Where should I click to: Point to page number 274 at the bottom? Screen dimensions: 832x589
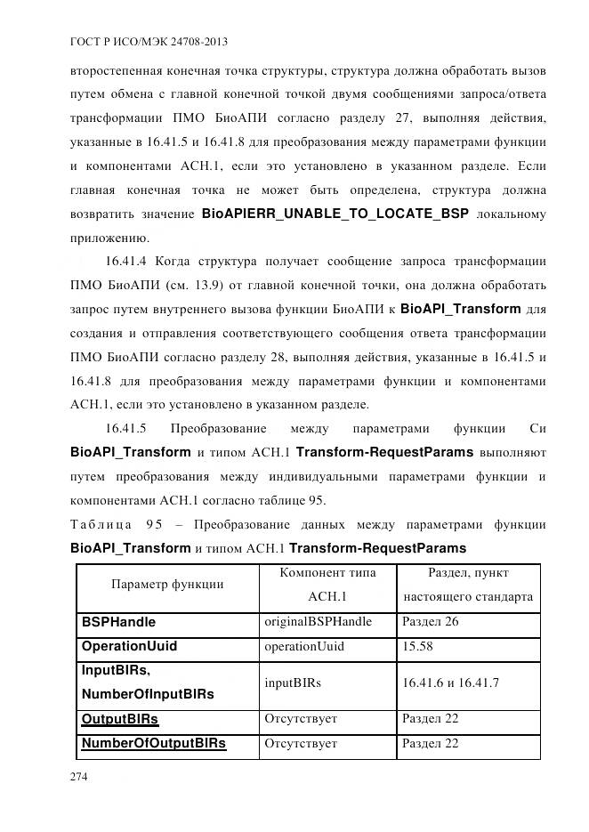(x=79, y=777)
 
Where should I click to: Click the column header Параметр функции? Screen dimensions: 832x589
(x=166, y=585)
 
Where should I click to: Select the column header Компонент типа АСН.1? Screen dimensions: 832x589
(x=327, y=585)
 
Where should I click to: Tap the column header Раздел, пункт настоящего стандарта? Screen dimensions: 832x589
(x=468, y=585)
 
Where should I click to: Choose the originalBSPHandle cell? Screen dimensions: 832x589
(x=318, y=622)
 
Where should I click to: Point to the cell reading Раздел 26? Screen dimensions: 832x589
(x=431, y=622)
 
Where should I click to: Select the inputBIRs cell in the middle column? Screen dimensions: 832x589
(x=293, y=683)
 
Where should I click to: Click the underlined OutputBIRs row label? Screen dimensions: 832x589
(x=120, y=718)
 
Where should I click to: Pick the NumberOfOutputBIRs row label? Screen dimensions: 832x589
(x=153, y=743)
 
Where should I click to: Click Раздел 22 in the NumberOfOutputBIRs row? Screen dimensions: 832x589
(x=431, y=743)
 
